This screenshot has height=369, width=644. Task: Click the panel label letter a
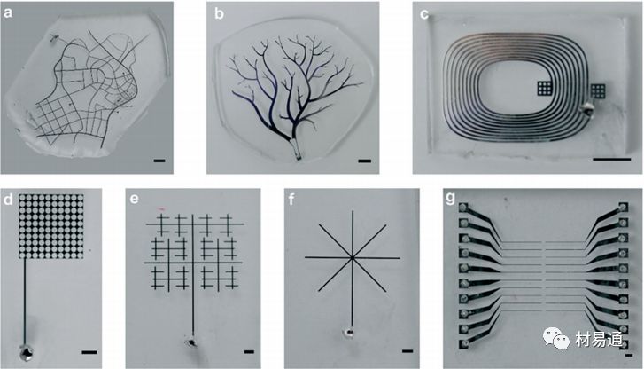tap(8, 13)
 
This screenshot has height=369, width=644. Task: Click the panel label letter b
tap(220, 13)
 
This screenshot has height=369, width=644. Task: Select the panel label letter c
tap(424, 14)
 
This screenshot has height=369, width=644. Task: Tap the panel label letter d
tap(8, 200)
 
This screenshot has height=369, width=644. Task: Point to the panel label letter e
tap(134, 199)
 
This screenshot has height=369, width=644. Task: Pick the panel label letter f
tap(291, 199)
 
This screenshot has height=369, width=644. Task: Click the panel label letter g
tap(451, 199)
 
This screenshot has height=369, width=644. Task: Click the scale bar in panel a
tap(159, 161)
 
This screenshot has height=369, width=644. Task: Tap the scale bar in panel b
tap(365, 161)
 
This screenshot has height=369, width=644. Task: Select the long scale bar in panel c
tap(612, 159)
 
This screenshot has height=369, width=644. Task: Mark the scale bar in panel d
tap(89, 352)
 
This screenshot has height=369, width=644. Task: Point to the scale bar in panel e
tap(249, 352)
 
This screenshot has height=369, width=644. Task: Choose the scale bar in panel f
tap(407, 351)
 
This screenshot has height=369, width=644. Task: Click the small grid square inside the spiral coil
tap(545, 89)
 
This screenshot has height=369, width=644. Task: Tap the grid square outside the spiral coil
tap(599, 90)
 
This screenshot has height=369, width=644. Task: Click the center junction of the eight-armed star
tap(352, 258)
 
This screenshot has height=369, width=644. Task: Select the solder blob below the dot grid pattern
tap(27, 353)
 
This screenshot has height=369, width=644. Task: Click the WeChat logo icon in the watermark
tap(556, 338)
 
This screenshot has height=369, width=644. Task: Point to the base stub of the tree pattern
tap(296, 149)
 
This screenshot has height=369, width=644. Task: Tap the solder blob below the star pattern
tap(348, 333)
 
